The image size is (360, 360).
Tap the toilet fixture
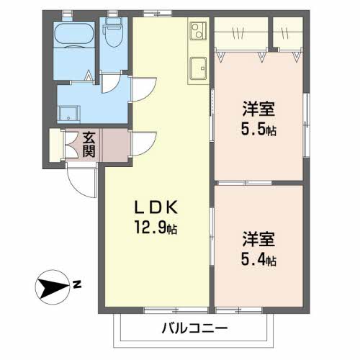(113, 31)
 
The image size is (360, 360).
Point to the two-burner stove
(198, 31)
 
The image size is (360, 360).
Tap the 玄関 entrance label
(89, 145)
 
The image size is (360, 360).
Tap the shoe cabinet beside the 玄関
(55, 145)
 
